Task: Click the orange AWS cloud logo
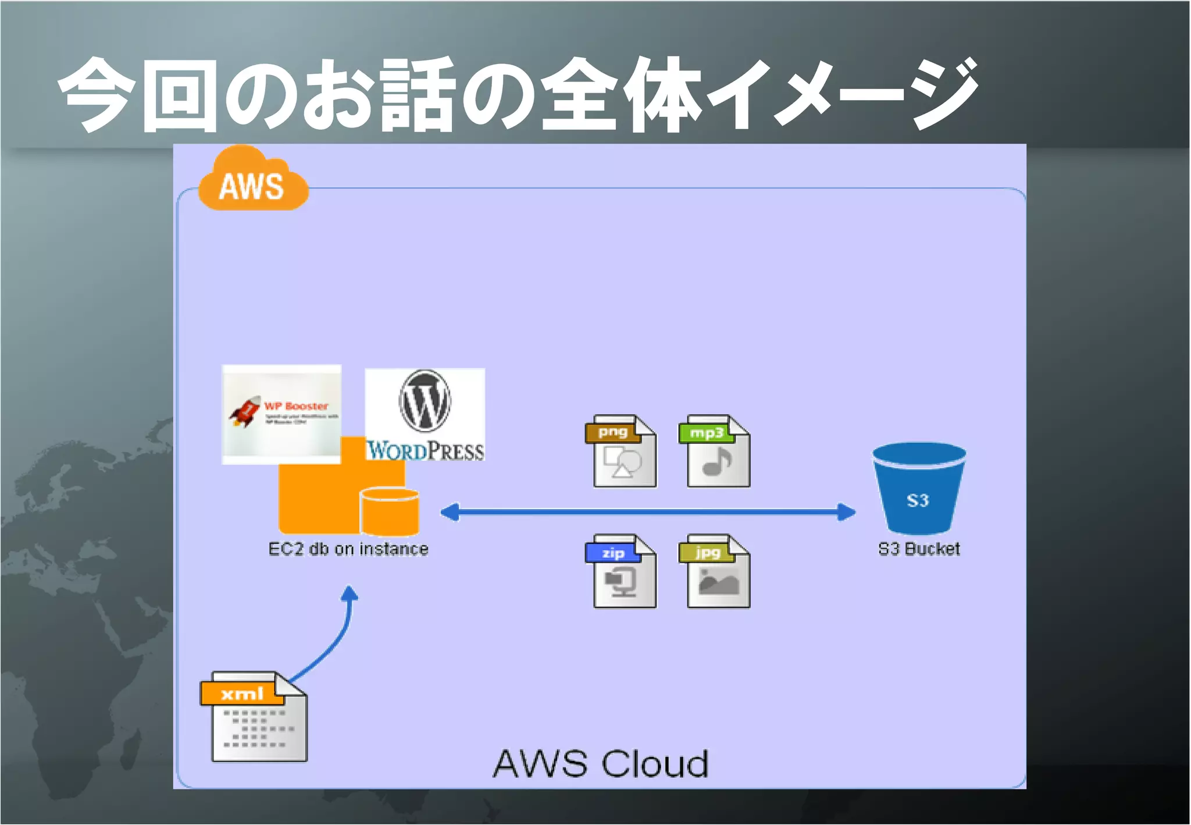pos(252,180)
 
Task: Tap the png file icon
pos(621,451)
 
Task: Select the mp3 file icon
pos(715,451)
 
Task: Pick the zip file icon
pos(621,572)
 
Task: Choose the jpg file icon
pos(715,572)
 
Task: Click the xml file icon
pos(254,717)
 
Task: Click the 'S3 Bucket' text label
pos(919,549)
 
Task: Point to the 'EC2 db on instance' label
pos(348,549)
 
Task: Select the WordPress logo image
pos(425,415)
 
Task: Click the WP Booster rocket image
pos(281,414)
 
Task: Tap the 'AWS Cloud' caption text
pos(601,764)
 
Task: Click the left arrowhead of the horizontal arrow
pos(450,513)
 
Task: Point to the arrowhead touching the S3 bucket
pos(846,513)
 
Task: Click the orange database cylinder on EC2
pos(390,511)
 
